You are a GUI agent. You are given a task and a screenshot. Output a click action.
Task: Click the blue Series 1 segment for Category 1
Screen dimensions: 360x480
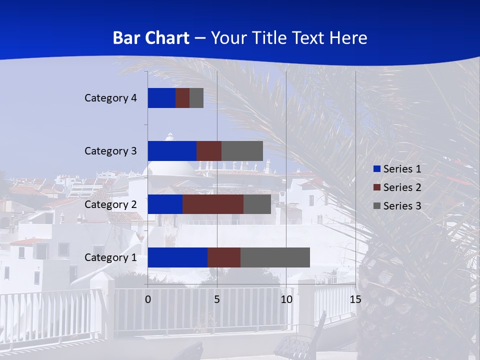[x=177, y=257]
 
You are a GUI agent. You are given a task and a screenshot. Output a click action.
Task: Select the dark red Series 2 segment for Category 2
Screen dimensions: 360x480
[x=213, y=204]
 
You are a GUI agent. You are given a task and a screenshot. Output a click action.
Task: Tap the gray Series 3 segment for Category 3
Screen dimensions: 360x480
[x=242, y=151]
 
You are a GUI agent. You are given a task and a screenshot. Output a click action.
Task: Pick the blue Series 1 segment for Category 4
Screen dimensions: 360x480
[x=161, y=98]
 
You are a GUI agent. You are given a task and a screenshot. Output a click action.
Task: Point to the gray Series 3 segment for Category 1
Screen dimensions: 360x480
[x=275, y=257]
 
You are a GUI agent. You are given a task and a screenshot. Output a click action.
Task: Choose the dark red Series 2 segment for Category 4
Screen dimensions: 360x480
[x=182, y=98]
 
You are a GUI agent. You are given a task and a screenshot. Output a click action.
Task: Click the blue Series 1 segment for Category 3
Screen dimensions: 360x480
[x=172, y=151]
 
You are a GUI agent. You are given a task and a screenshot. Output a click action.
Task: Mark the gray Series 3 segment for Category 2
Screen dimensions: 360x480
[x=257, y=204]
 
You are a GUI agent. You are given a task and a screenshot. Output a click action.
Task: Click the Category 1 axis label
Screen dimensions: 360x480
[x=110, y=257]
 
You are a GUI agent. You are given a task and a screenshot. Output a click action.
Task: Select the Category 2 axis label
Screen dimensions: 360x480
[x=110, y=204]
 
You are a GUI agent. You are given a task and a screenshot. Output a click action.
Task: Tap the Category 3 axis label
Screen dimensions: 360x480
[x=110, y=151]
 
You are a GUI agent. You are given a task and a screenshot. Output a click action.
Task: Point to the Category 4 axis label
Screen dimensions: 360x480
[x=110, y=98]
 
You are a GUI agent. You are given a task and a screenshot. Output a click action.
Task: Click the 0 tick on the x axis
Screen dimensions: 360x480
[x=148, y=299]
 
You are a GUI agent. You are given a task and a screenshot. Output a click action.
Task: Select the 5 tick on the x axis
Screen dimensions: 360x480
[x=217, y=299]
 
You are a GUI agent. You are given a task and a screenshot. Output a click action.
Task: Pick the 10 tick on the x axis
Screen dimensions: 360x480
[x=286, y=299]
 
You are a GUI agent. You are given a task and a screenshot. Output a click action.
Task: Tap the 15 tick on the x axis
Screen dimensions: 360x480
[x=355, y=299]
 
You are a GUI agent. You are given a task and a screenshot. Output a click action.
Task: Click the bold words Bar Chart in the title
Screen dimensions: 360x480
[x=151, y=38]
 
